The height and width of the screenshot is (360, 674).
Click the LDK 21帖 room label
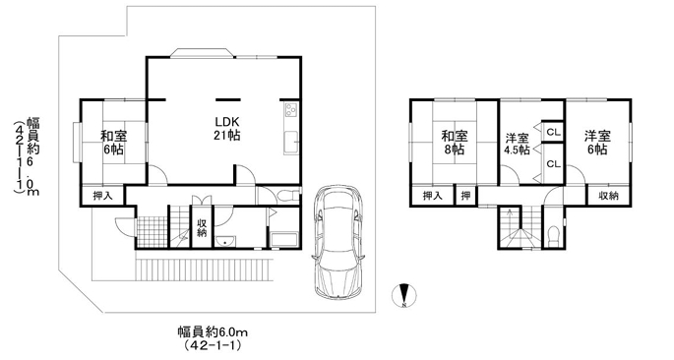(227, 128)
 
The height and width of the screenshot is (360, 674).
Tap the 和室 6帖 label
(113, 143)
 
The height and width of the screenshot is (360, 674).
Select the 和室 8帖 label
(455, 143)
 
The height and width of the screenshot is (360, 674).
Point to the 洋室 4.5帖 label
(517, 145)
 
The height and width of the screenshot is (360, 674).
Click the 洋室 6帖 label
(597, 143)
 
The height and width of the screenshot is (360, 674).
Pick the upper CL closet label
(554, 132)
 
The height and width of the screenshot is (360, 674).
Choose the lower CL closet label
(554, 163)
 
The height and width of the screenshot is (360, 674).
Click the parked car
(339, 242)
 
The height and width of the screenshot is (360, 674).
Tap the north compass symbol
(404, 295)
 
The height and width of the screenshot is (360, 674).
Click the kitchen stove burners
(291, 110)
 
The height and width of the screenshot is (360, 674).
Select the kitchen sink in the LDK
(291, 142)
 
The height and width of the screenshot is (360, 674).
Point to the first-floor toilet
(288, 197)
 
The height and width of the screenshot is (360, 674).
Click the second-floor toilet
(553, 236)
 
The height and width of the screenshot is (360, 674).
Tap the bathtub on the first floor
(283, 239)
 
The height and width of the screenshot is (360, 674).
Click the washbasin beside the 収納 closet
(225, 241)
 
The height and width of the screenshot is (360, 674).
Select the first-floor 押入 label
(103, 196)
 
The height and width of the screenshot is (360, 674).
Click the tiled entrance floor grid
(152, 232)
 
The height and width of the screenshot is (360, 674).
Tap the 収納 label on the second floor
(609, 196)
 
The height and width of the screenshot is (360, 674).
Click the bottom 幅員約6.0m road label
(213, 332)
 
